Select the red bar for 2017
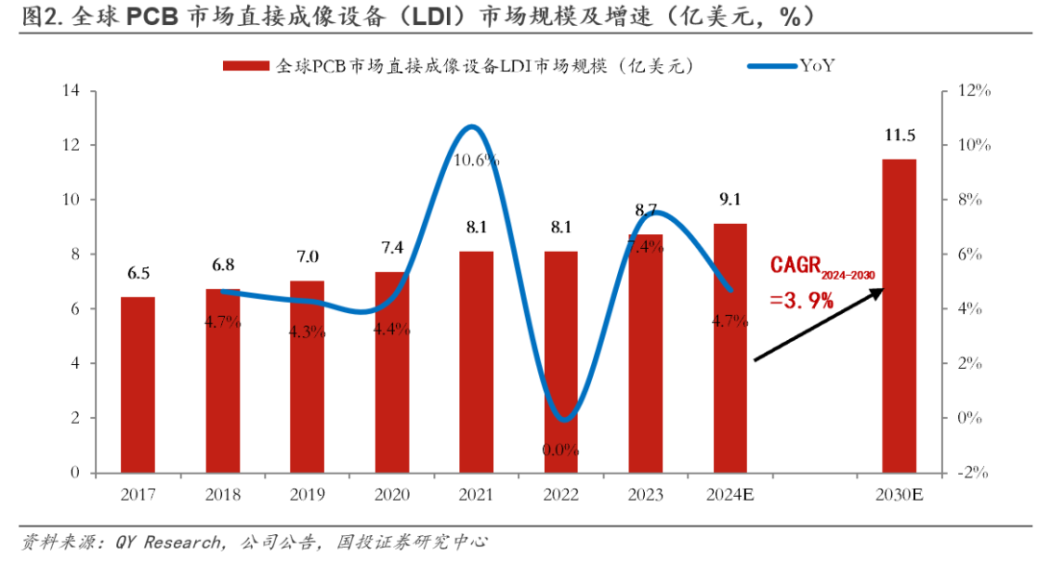[x=137, y=384]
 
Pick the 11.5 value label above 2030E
[x=900, y=135]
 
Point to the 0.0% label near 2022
[x=561, y=449]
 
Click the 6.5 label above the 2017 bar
[x=138, y=274]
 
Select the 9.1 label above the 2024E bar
[x=730, y=201]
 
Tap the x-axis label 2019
[x=308, y=495]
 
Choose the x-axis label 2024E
[x=730, y=495]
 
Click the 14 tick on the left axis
[x=70, y=91]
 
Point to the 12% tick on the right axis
[x=974, y=91]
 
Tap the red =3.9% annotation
[x=802, y=301]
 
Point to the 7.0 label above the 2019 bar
[x=308, y=257]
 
